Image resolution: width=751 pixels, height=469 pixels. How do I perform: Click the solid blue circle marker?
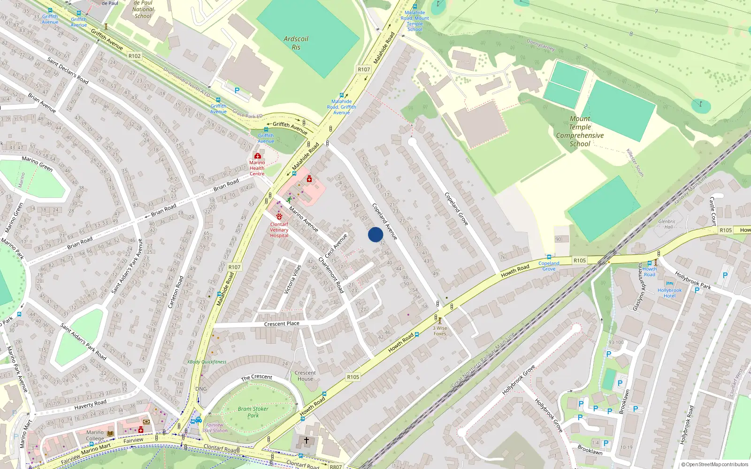click(375, 234)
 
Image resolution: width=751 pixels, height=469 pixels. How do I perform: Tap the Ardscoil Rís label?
click(296, 43)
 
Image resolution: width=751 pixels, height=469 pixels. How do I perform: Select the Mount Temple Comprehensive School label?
click(580, 131)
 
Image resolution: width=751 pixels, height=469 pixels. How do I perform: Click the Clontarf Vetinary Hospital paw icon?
click(279, 216)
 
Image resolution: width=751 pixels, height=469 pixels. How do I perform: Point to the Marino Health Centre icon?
click(257, 156)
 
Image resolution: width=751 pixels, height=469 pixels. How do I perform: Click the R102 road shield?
click(135, 56)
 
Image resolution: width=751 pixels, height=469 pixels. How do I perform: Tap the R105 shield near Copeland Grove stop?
click(580, 260)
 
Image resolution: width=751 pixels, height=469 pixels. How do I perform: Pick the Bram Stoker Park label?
click(253, 412)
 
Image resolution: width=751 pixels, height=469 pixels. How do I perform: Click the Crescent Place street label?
click(282, 324)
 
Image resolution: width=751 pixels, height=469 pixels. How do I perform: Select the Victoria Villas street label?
click(292, 280)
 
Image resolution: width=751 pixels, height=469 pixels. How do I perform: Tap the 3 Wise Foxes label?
click(440, 331)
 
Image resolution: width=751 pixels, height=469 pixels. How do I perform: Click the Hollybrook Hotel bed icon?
click(670, 283)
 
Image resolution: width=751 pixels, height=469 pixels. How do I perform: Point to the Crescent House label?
click(305, 376)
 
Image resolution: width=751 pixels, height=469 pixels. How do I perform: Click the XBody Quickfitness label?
click(207, 362)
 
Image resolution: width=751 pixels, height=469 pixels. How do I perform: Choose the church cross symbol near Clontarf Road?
click(307, 440)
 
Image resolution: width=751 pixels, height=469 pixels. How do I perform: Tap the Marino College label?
click(95, 435)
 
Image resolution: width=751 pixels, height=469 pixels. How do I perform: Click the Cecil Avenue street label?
click(337, 245)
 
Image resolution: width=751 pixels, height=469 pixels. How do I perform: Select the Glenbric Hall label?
click(667, 224)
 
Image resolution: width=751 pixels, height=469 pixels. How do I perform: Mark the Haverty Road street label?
click(90, 404)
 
